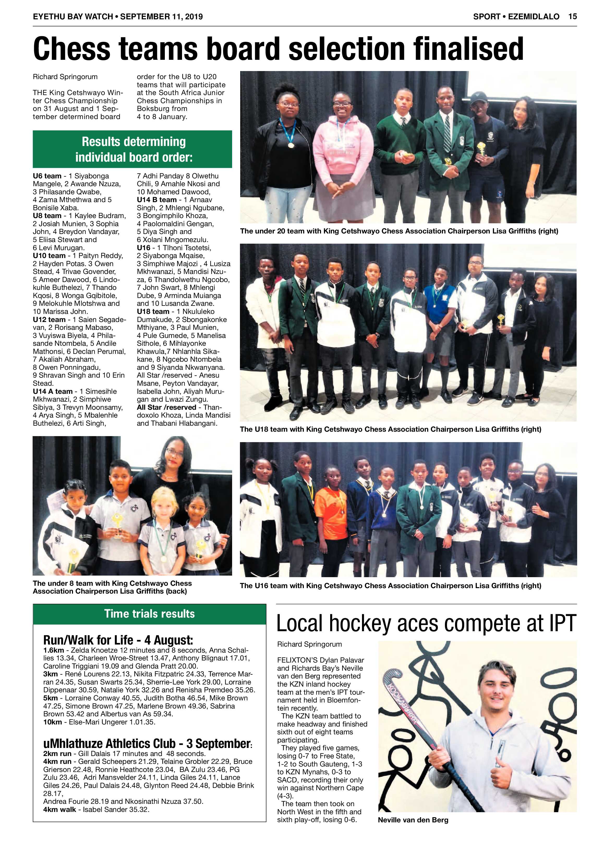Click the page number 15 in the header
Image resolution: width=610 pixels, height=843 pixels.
[x=572, y=16]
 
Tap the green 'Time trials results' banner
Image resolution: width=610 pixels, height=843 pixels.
[x=149, y=614]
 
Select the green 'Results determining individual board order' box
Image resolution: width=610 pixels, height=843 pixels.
[x=132, y=149]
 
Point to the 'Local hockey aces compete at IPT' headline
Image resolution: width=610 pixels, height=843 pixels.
[x=426, y=623]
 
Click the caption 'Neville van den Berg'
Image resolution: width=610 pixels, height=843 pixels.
[x=413, y=819]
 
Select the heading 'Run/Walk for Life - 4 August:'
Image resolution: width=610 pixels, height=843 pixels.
[x=118, y=640]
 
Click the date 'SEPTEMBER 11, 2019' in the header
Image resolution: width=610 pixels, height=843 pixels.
[x=161, y=16]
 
